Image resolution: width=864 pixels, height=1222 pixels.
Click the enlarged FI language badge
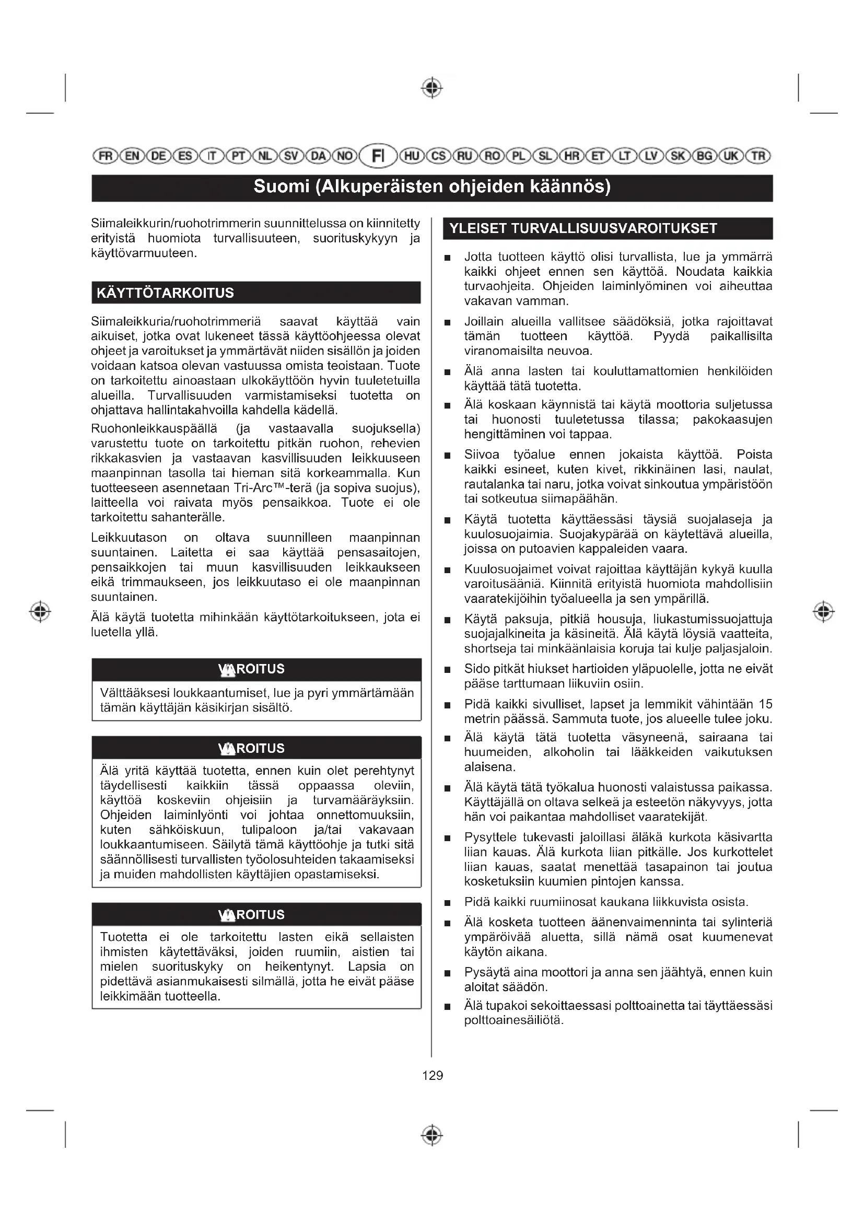[378, 156]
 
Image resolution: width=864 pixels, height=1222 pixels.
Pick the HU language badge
[411, 156]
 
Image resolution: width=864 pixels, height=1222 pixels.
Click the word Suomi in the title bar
[281, 187]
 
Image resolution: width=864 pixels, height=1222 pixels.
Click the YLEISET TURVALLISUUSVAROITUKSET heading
[583, 229]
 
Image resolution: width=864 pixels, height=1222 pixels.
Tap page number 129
[432, 1075]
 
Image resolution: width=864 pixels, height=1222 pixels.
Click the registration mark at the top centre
[432, 88]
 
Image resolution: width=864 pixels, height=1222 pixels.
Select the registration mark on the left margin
[40, 611]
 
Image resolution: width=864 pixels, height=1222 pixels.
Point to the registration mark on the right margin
[823, 611]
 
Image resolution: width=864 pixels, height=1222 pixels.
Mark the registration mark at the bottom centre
[432, 1135]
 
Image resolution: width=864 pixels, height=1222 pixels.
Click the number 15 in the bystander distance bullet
[765, 704]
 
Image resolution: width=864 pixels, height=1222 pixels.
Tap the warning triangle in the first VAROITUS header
[227, 670]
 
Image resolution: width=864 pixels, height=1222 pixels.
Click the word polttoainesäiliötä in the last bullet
[513, 1020]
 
